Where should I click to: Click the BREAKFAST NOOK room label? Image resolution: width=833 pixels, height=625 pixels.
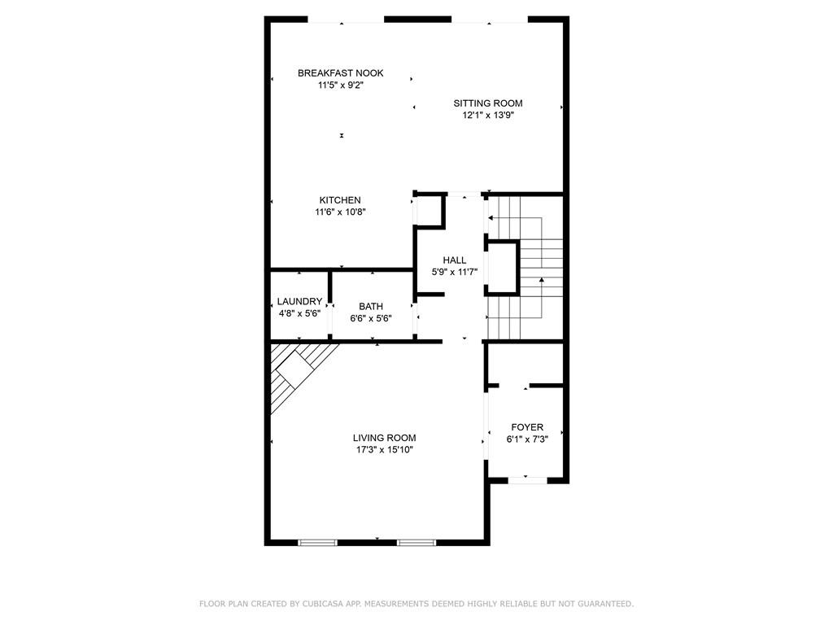pos(340,73)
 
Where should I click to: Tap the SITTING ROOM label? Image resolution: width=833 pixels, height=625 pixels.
pos(488,103)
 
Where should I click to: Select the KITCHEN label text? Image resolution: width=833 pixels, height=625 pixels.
pos(340,200)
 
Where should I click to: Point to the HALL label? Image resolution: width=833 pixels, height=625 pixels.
pos(454,260)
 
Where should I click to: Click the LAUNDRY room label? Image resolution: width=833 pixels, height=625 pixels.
pos(299,302)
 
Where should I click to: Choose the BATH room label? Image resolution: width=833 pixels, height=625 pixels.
pos(371,307)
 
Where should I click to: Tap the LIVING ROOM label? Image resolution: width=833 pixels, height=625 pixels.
pos(384,439)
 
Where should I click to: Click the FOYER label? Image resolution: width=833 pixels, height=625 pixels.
pos(527,427)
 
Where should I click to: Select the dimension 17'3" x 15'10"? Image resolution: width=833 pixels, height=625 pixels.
pos(385,450)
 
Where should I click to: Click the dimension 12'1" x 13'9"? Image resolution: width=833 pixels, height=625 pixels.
pos(488,116)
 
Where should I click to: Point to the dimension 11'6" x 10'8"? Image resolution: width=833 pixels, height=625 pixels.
pos(341,212)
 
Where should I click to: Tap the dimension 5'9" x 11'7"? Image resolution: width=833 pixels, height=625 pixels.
pos(455,272)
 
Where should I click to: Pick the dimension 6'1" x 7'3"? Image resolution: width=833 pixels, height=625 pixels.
pos(527,439)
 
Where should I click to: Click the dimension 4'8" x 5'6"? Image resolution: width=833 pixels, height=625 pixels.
pos(299,313)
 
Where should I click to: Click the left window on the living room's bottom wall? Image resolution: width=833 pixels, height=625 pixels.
pos(317,543)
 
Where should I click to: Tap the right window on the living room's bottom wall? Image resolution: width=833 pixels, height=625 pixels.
pos(416,543)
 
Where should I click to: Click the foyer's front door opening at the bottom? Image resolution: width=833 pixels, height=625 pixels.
pos(527,480)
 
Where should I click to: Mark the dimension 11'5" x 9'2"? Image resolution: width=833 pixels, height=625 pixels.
pos(341,85)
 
